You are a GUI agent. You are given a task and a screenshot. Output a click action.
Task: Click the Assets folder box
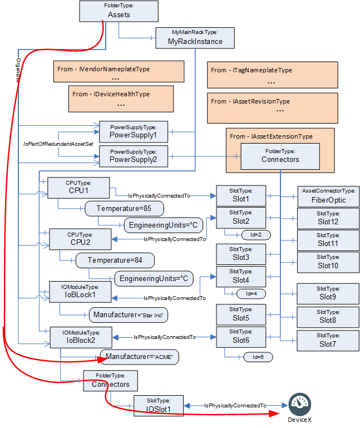coord(119,11)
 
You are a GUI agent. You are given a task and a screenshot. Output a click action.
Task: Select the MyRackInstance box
coord(195,38)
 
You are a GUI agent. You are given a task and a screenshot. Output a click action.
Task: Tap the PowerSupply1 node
coord(134,132)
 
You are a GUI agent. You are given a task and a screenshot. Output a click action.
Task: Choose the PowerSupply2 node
coord(134,156)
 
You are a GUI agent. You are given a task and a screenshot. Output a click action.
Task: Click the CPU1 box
coord(78,188)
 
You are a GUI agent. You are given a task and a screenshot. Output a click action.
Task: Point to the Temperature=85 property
coord(125,209)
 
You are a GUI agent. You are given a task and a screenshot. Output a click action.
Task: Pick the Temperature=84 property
coord(115,260)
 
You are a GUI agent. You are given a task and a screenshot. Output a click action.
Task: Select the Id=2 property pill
coord(256,235)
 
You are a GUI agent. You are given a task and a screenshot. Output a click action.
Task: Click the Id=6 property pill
coord(258,357)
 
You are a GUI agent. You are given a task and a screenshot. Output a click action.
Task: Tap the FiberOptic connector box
coord(329,197)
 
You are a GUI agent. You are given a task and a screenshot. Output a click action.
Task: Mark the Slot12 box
coord(328,219)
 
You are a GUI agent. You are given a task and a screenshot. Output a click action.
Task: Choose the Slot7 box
coord(328,341)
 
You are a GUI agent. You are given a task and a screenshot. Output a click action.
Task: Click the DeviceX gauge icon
coord(300,404)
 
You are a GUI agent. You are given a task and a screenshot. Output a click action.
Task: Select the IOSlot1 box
coord(159,406)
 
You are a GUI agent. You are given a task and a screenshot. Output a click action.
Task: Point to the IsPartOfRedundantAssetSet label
coord(58,144)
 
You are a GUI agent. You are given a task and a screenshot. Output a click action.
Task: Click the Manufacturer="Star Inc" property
coord(129,315)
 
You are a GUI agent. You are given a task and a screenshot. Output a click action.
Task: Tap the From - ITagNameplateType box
coord(273,75)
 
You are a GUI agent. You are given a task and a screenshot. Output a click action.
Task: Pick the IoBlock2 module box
coord(81,337)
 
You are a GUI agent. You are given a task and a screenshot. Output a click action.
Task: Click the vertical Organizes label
coord(18,70)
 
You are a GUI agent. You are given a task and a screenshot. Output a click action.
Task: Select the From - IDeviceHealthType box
coord(121,99)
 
